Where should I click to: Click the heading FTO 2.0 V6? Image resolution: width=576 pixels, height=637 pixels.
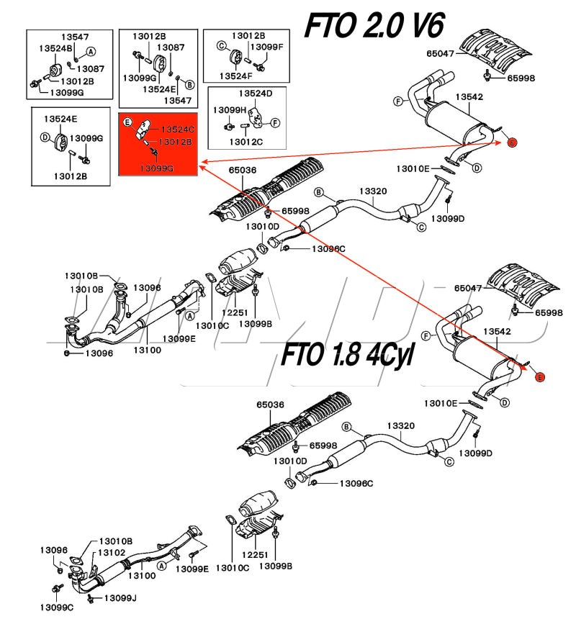pos(374,27)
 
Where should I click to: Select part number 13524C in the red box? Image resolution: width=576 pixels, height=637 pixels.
pos(177,129)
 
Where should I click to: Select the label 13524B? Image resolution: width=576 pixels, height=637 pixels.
pos(57,49)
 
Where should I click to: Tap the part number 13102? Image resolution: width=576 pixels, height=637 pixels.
pos(112,552)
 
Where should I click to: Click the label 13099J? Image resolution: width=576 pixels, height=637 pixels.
pos(120,597)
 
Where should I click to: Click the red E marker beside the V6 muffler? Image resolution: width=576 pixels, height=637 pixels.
pos(512,143)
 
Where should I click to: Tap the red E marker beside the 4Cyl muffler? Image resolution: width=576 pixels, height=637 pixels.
pos(541,376)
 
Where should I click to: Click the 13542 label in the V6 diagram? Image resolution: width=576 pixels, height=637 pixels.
pos(469,96)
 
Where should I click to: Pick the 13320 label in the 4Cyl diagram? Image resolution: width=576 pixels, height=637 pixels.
pos(401,426)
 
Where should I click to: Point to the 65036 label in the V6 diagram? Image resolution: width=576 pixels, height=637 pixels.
pos(243,171)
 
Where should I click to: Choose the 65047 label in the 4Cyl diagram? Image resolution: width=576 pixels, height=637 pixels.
pos(469,288)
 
